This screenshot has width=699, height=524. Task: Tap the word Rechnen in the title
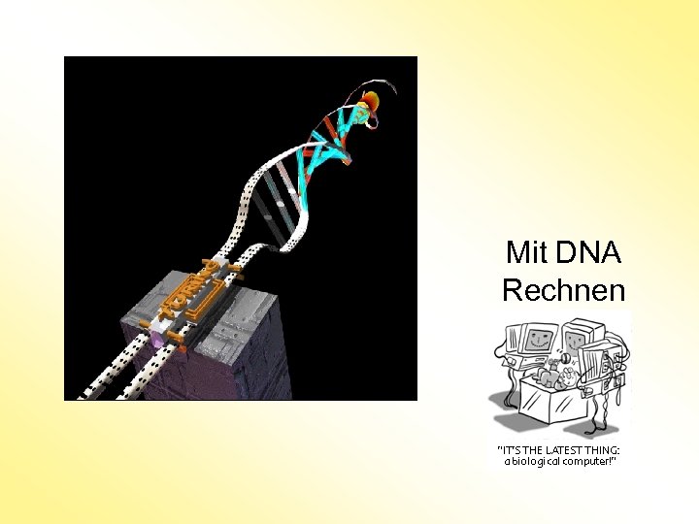(x=563, y=289)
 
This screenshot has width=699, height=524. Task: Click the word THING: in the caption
(x=602, y=450)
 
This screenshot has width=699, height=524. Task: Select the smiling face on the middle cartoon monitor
(x=574, y=341)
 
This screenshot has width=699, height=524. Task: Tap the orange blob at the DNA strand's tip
(x=371, y=100)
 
